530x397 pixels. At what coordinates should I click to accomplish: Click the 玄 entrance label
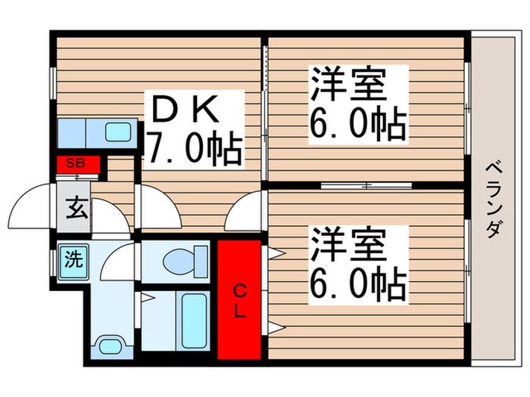tap(76, 205)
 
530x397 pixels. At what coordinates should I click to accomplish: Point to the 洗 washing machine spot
tap(73, 260)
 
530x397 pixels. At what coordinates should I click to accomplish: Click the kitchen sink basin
tap(118, 132)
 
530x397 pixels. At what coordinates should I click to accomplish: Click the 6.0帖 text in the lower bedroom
tap(357, 285)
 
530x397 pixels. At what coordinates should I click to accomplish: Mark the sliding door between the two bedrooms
tap(365, 185)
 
